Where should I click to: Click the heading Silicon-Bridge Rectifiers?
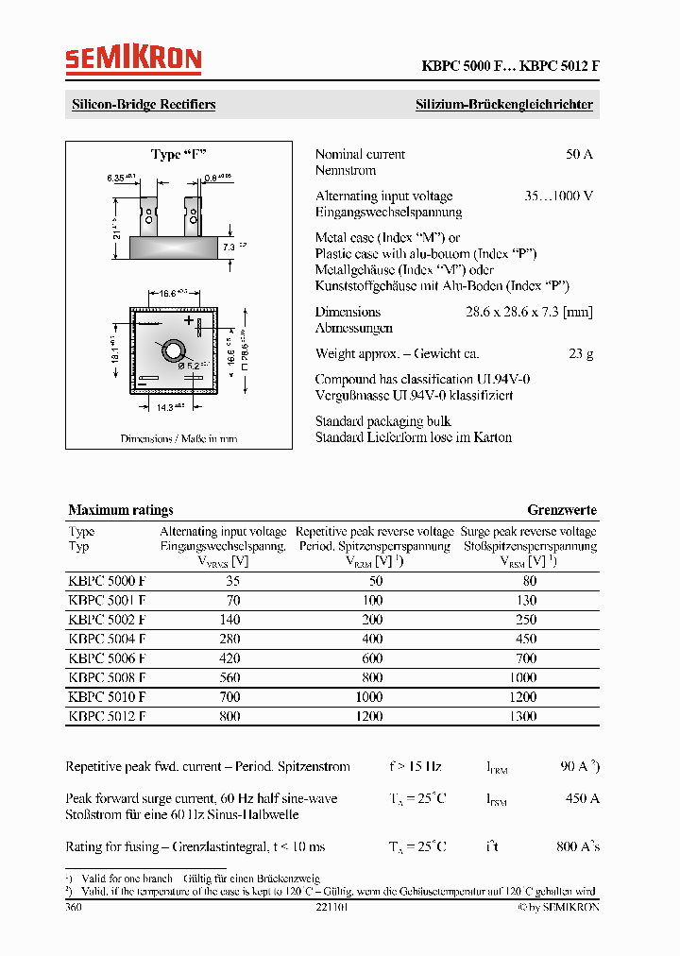point(144,105)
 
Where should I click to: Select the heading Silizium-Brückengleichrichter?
point(504,105)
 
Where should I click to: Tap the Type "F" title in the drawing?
point(178,155)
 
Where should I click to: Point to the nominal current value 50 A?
point(579,154)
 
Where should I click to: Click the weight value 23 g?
point(582,354)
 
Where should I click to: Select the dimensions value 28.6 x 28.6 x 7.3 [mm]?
point(529,312)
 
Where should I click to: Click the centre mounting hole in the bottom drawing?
point(175,351)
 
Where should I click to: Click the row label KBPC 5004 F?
point(107,639)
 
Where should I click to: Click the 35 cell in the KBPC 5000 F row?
point(233,581)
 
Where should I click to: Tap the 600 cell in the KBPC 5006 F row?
point(372,658)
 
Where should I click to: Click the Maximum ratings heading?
point(121,510)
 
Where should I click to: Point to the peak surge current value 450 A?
point(582,799)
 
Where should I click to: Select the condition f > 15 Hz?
point(415,767)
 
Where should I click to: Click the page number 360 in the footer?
point(74,907)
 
